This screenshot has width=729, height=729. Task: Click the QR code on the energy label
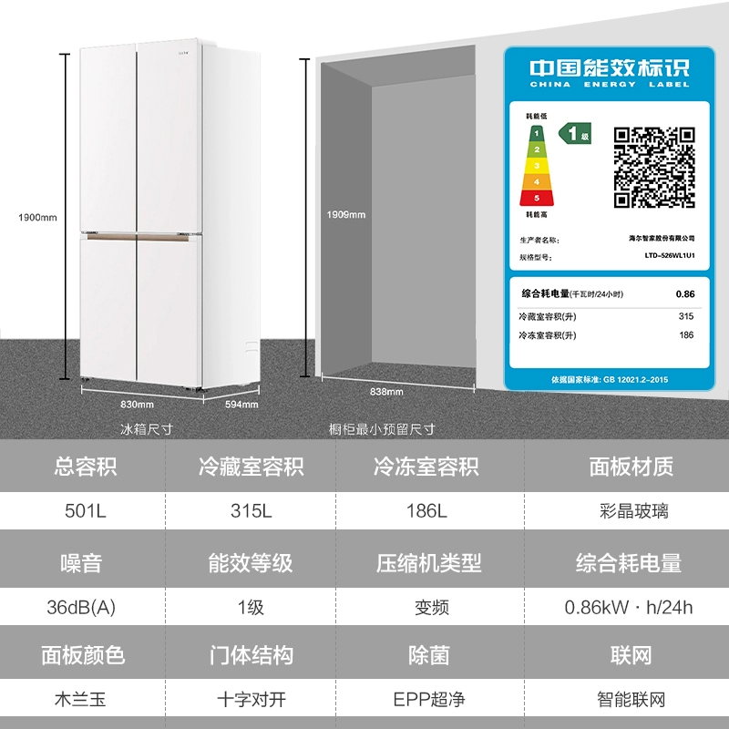[x=654, y=167]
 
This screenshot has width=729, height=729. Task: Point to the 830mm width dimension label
[x=137, y=404]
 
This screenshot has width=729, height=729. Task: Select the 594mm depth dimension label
[x=241, y=404]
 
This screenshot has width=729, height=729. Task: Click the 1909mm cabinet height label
[x=346, y=215]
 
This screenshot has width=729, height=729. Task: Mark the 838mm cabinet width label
[x=387, y=391]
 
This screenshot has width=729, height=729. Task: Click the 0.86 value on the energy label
[x=684, y=294]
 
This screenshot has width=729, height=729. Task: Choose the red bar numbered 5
[x=537, y=197]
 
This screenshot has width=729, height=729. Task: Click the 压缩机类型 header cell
[x=427, y=562]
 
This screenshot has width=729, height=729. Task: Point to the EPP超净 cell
[x=427, y=700]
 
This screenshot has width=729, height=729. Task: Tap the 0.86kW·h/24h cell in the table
[x=629, y=606]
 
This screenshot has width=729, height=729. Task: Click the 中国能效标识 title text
[x=610, y=69]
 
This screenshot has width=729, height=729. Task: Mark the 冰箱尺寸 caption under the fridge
[x=147, y=428]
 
